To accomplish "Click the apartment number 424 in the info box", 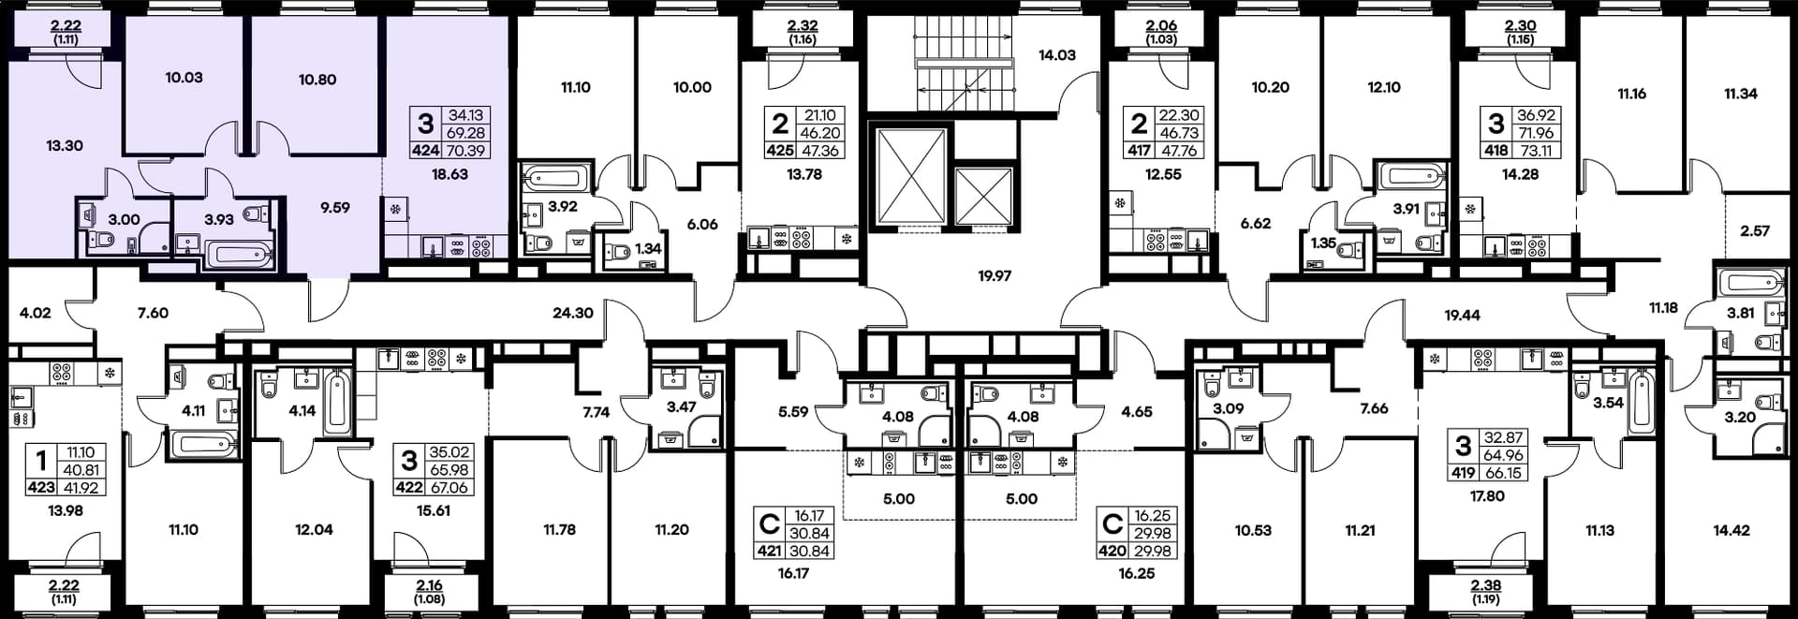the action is (x=425, y=150).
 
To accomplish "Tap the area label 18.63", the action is (x=449, y=174).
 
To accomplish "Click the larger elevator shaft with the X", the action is (x=910, y=177).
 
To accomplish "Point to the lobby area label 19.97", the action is (x=995, y=276).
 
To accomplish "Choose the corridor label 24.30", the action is (x=572, y=313).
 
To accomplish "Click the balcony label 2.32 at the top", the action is (x=803, y=27).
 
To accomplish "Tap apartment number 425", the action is (x=780, y=150).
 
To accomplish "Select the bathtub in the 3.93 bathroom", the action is (x=238, y=255).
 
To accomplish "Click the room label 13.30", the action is (x=65, y=146).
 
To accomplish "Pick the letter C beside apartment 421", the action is (x=770, y=523).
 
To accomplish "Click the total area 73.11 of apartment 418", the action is (x=1535, y=150).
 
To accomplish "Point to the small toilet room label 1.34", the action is (x=648, y=249).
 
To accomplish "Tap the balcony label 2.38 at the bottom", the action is (x=1485, y=585).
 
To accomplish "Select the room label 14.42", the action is (x=1732, y=530).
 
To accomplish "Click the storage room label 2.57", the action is (x=1755, y=231).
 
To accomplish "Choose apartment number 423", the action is (x=41, y=487).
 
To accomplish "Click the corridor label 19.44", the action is (x=1462, y=316).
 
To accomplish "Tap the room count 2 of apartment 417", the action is (x=1139, y=124).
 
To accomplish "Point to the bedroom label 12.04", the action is (x=314, y=530).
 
